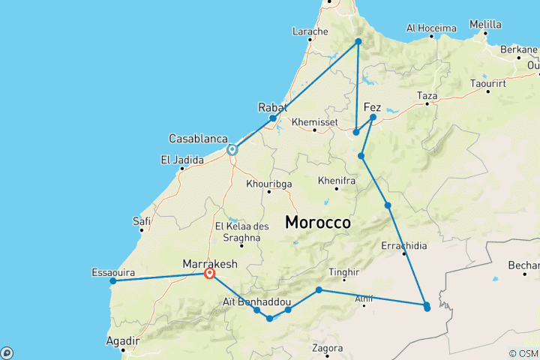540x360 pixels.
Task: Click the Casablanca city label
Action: point(198,139)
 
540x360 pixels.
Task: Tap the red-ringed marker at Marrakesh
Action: point(210,274)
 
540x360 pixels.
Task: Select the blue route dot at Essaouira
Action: point(113,282)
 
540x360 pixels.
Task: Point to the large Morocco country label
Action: point(318,223)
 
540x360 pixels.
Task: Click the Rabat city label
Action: point(272,107)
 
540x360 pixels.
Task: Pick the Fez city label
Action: point(372,107)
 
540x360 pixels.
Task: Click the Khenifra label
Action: point(336,181)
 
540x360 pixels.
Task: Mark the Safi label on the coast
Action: point(142,221)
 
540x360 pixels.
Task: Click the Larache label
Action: point(310,31)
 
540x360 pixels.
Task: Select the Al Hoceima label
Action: point(431,28)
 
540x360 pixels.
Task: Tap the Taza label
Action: point(427,96)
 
